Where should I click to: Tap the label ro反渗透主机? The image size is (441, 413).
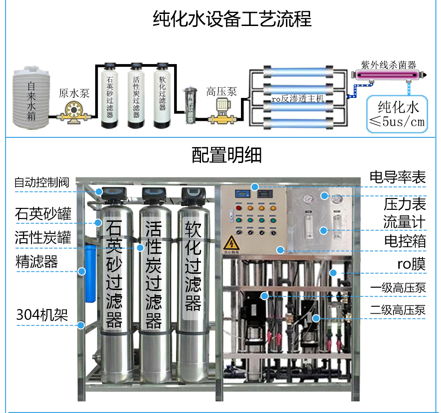tap(297, 99)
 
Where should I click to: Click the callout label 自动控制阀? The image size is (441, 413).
tap(41, 182)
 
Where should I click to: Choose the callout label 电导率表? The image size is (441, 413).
tap(397, 176)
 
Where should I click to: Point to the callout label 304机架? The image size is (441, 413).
tap(42, 315)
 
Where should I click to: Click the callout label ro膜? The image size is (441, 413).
tap(411, 264)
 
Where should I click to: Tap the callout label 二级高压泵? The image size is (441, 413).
tap(397, 310)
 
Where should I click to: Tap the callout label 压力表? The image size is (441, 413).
tap(404, 204)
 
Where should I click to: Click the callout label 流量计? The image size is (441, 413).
tap(404, 222)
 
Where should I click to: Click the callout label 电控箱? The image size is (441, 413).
tap(404, 241)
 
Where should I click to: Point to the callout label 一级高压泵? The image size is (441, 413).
tap(397, 288)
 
